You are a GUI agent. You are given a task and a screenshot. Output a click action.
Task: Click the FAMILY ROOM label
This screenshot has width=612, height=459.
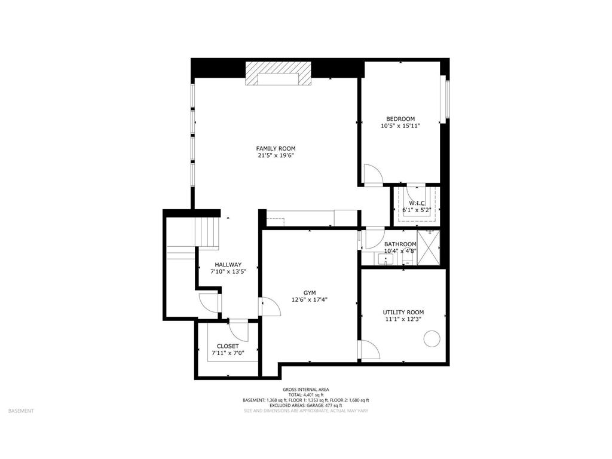point(276,148)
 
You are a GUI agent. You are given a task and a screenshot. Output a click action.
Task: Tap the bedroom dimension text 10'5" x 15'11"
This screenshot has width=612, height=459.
point(400,126)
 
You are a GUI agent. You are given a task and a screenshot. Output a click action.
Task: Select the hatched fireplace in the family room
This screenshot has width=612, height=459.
point(279,79)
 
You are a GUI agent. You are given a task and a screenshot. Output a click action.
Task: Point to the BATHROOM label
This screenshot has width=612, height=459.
point(400,244)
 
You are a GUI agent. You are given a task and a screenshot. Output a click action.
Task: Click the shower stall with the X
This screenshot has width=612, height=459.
point(428,246)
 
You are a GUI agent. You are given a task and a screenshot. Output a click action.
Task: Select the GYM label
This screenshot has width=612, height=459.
point(309,292)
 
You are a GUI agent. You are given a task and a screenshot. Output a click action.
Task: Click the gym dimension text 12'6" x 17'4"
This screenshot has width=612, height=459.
point(309,300)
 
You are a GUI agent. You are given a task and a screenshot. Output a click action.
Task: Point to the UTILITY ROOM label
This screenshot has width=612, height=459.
point(403,312)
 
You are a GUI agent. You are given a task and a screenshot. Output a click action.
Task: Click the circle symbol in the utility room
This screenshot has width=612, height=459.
point(431,339)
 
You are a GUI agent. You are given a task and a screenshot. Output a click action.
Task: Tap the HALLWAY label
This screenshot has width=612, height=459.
point(228,265)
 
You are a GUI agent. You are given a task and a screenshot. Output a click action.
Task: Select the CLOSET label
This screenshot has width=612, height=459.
point(227,346)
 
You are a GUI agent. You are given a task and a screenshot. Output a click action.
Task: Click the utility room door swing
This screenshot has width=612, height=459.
point(368,349)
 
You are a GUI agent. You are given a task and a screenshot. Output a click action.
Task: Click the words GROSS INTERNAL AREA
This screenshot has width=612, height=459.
point(305,389)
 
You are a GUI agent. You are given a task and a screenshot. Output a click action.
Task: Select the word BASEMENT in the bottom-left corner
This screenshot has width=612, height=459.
point(21,411)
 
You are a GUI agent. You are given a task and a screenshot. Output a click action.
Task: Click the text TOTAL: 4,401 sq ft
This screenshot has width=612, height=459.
point(305,394)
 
